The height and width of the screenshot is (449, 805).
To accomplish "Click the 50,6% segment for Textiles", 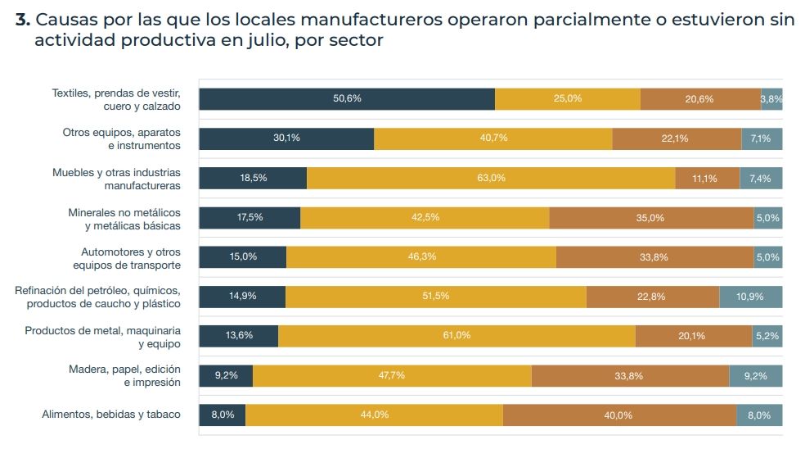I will (347, 99).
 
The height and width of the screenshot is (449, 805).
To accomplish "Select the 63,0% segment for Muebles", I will (491, 178).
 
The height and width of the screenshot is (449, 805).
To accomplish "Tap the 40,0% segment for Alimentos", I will (618, 415).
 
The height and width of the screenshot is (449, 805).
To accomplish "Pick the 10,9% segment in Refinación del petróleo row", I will (750, 297).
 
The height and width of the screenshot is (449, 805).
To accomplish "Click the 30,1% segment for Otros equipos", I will (286, 138).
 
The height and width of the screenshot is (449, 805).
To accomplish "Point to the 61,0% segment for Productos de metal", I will (456, 336).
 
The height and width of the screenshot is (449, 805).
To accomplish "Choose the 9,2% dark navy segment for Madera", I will (226, 376).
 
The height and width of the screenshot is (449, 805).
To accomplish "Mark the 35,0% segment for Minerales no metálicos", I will (651, 218).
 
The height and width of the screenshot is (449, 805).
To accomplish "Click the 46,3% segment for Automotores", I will (421, 257).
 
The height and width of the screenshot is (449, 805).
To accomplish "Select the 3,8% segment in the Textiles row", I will (771, 99).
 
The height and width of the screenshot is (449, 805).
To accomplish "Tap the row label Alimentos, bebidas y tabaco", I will (111, 415).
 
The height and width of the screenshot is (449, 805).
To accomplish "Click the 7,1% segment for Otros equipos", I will (761, 138).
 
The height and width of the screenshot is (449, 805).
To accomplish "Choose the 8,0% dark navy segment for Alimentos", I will (223, 415).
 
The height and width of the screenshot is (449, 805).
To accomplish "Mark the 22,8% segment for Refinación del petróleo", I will (652, 297).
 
